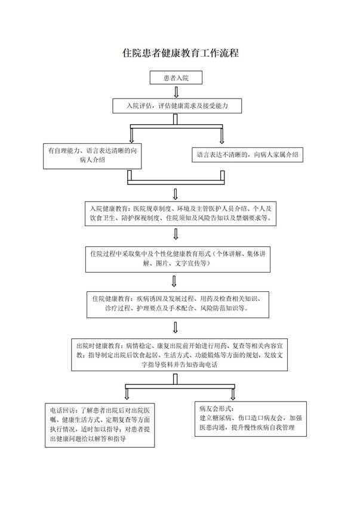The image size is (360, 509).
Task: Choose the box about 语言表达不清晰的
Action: pos(248,155)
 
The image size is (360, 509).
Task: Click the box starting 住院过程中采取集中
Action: pos(176,258)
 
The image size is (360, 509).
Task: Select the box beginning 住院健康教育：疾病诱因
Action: pos(176,303)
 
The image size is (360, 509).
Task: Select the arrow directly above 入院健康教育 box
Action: pos(176,193)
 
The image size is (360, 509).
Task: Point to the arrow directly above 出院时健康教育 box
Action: pos(176,327)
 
